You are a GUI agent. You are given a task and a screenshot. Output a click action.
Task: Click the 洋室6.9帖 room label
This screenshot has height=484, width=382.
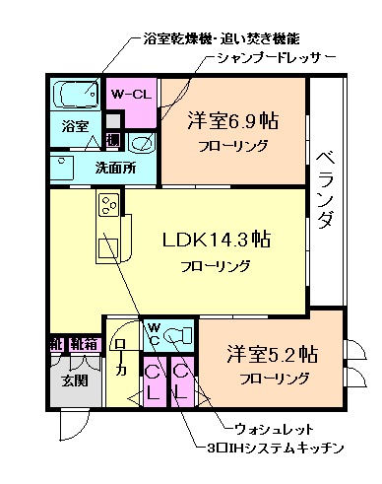pos(233,123)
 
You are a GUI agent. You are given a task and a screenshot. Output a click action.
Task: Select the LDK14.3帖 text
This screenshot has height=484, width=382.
pos(217,240)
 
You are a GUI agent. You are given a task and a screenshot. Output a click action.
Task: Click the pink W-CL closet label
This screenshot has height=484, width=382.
pos(130,95)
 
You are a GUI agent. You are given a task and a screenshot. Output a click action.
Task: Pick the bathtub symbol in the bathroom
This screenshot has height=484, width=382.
pos(76,96)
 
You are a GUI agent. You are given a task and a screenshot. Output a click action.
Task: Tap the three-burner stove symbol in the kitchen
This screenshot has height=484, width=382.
pos(106,206)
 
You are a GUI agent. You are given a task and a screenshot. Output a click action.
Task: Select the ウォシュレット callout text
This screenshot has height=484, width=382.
pos(270,430)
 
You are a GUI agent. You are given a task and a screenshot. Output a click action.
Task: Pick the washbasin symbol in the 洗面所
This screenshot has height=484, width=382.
pos(141,144)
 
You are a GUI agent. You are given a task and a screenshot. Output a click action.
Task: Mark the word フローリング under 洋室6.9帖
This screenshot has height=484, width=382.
pos(233,145)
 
